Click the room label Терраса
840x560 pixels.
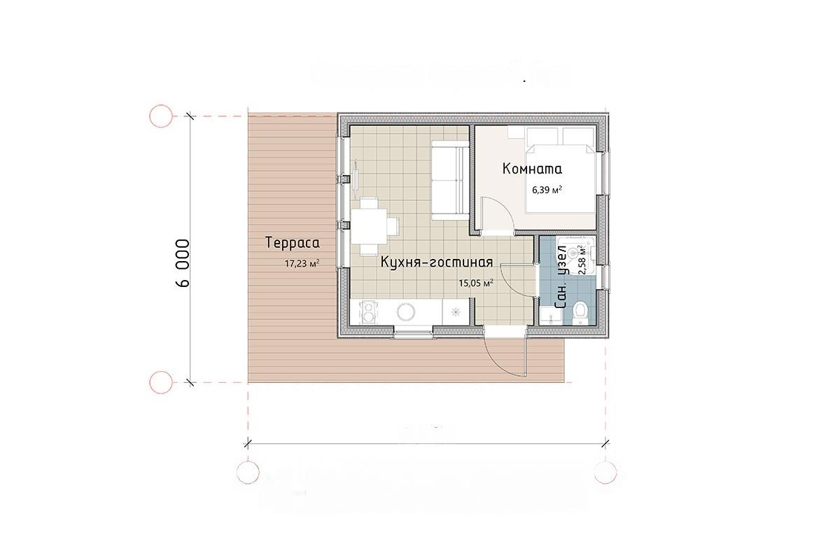pyautogui.click(x=293, y=243)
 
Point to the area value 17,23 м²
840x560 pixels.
pyautogui.click(x=302, y=264)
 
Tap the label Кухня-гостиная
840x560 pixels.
pyautogui.click(x=437, y=262)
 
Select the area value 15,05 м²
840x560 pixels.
pyautogui.click(x=476, y=283)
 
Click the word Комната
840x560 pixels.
pyautogui.click(x=532, y=169)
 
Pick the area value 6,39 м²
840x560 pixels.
pyautogui.click(x=547, y=190)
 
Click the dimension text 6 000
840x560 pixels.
pyautogui.click(x=183, y=263)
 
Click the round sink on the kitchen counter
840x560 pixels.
pyautogui.click(x=406, y=312)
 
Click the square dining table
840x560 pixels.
pyautogui.click(x=369, y=226)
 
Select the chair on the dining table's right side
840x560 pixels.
pyautogui.click(x=393, y=226)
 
